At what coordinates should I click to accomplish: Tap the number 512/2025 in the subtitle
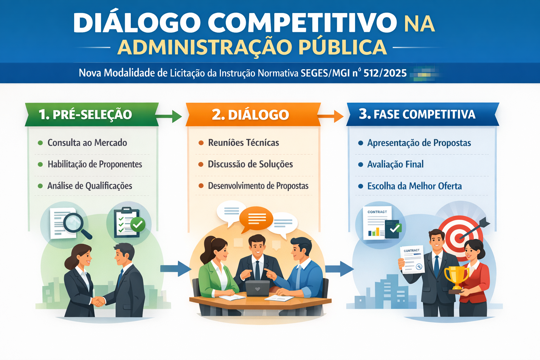point(385,73)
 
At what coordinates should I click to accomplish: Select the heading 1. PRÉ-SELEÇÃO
point(85,114)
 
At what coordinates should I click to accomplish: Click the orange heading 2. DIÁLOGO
point(250,115)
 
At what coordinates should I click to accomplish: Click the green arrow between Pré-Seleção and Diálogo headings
point(169,117)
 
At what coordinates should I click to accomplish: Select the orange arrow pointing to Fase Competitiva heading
point(330,116)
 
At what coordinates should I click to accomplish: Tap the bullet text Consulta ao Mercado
point(87,143)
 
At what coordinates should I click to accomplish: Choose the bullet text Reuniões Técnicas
point(244,143)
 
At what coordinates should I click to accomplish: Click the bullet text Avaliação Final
point(396,165)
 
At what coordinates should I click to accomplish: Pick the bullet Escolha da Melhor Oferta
point(414,186)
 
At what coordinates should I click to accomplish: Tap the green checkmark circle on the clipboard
point(138,225)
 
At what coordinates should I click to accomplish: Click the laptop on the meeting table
point(257,288)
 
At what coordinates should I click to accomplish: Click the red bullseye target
point(459,238)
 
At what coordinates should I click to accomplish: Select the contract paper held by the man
point(412,259)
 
